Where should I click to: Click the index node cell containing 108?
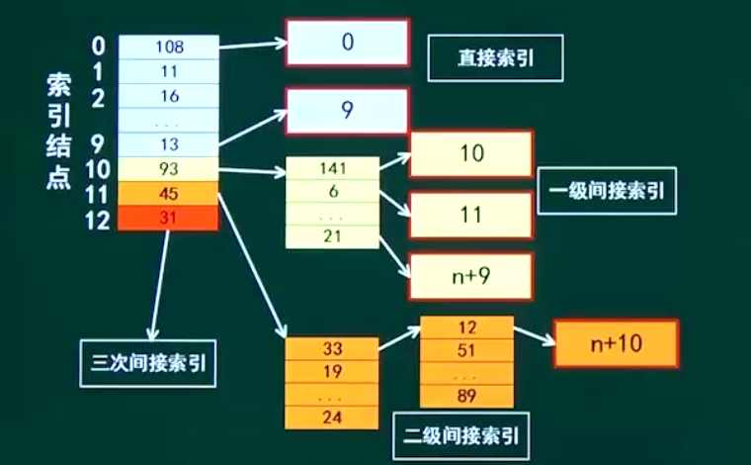(168, 46)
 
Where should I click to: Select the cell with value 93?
(168, 169)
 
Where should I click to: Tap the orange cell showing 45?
(168, 194)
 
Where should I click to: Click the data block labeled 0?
(347, 43)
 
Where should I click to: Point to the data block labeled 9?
(347, 110)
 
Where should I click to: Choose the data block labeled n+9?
(470, 276)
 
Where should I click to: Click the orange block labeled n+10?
(617, 343)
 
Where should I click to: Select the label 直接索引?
(495, 59)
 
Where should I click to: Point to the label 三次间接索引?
(147, 362)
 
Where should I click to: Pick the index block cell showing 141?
(331, 168)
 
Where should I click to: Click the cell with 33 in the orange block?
(331, 348)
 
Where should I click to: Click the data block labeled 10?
(470, 153)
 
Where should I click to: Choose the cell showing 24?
(331, 417)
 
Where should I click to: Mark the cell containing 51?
(466, 350)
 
